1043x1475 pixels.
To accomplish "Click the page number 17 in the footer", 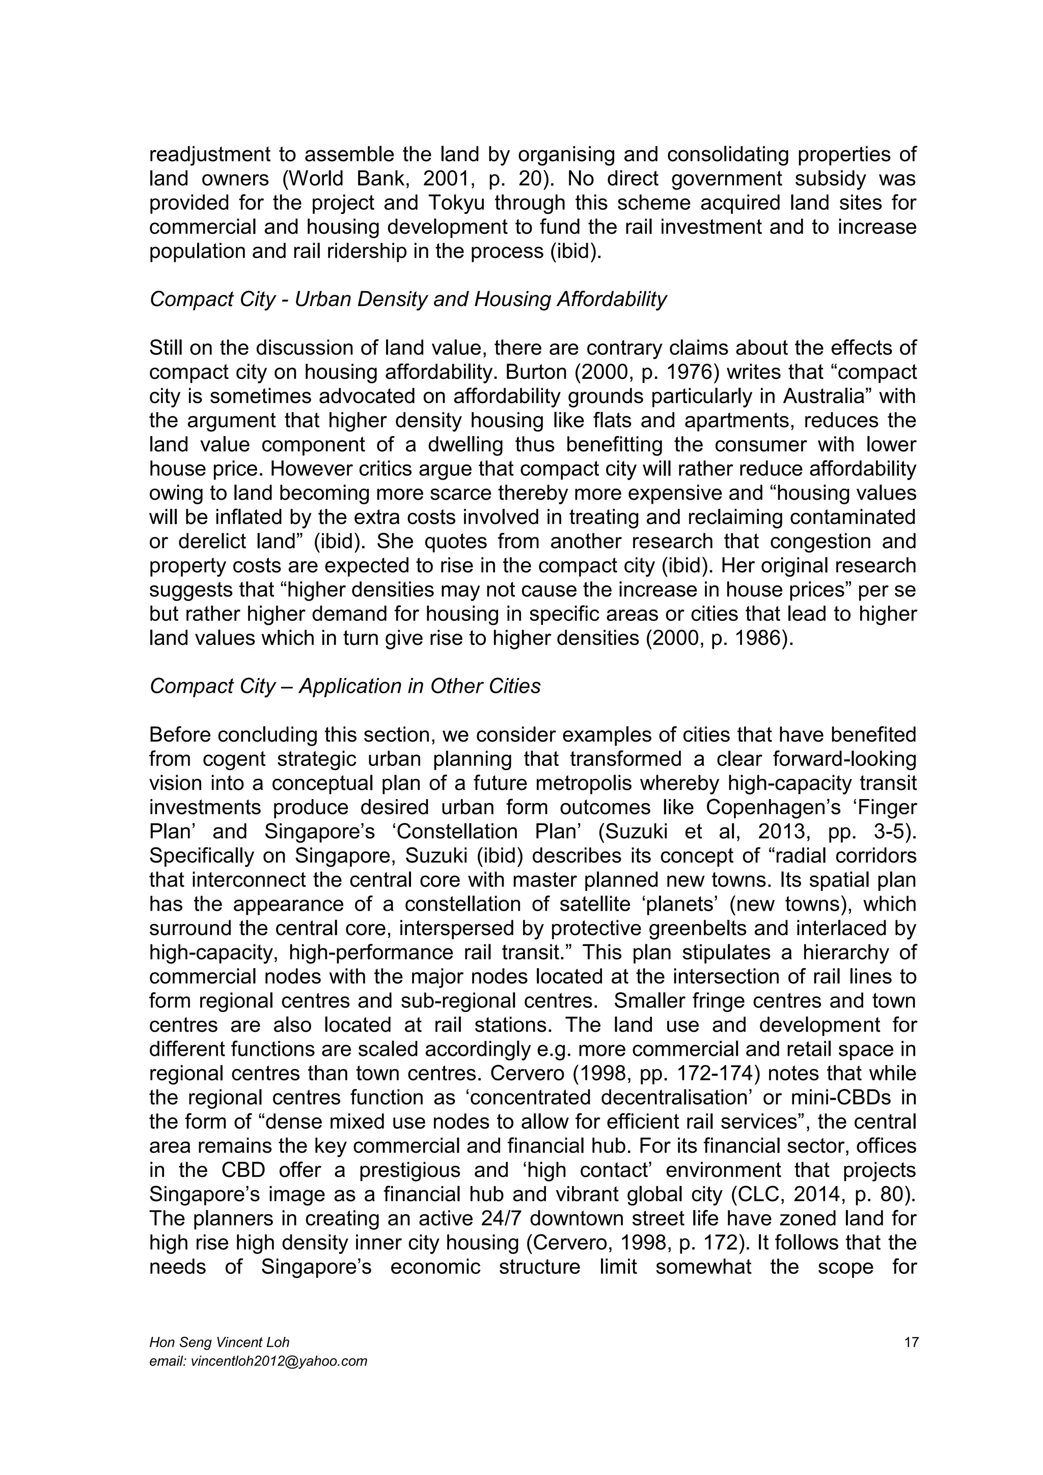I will (911, 1342).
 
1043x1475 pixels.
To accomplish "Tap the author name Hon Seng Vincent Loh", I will (219, 1342).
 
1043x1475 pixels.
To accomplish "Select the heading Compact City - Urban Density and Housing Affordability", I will (408, 299).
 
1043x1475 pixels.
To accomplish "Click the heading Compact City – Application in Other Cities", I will (345, 686).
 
